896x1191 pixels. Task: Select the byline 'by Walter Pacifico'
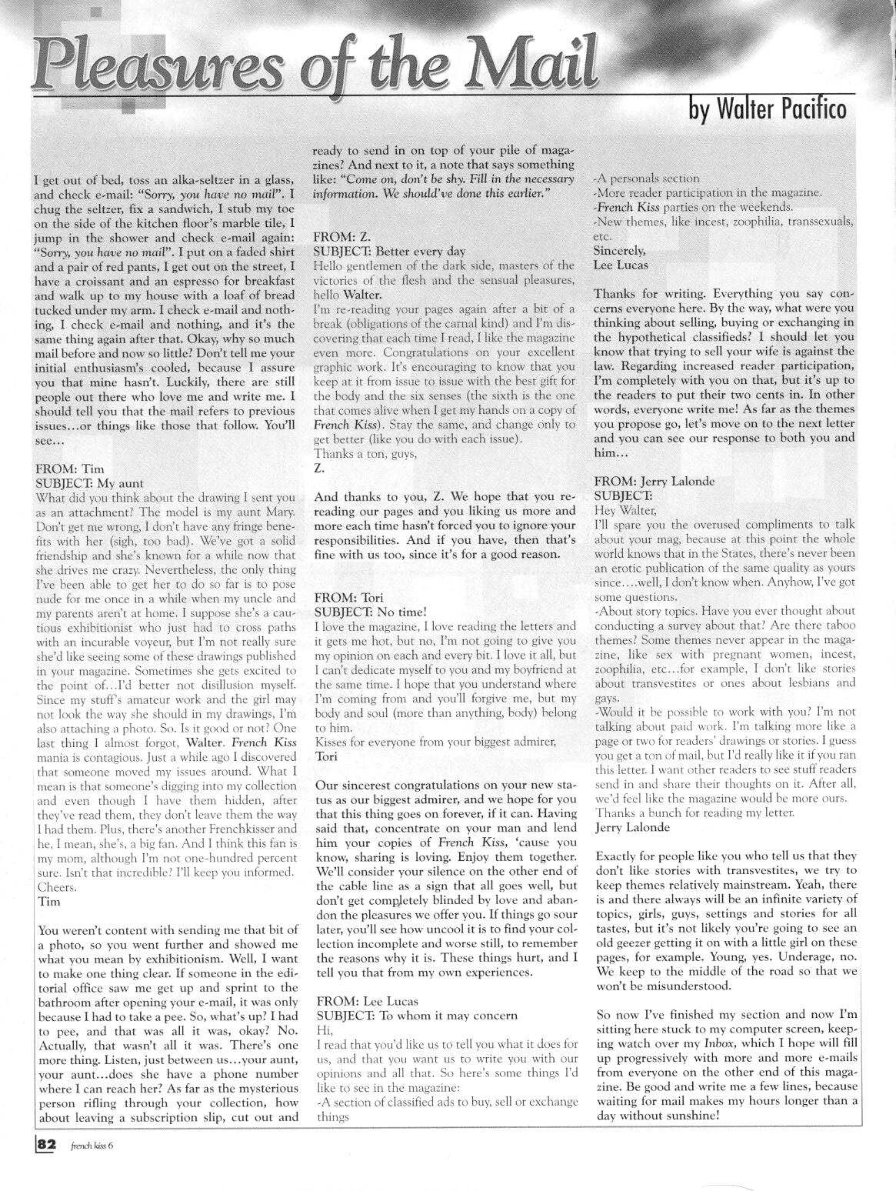coord(767,110)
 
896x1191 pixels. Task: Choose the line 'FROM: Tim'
coord(69,469)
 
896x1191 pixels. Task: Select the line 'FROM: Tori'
coord(348,597)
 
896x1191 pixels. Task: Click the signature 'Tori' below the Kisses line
coord(327,756)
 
